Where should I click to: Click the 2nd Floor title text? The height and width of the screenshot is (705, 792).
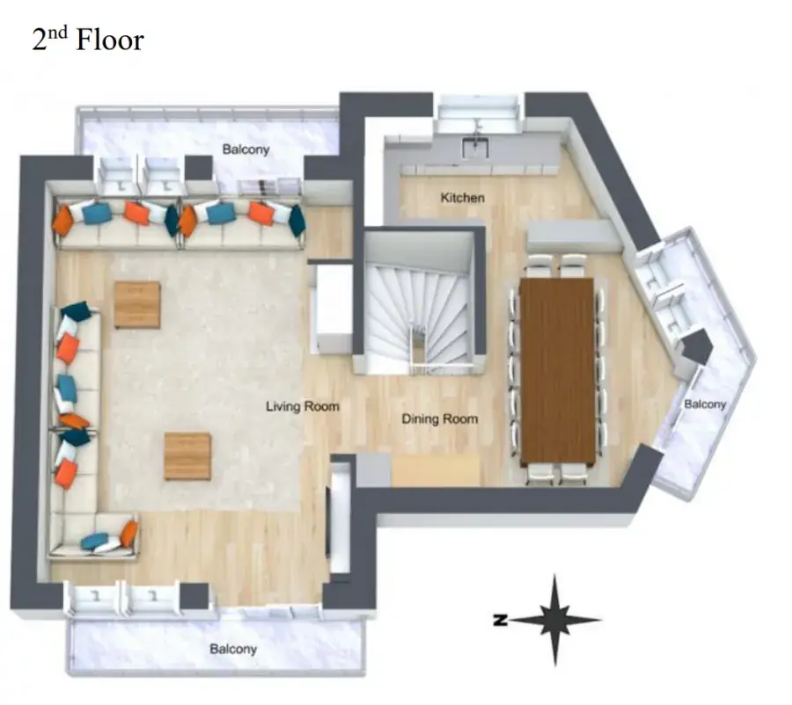point(88,40)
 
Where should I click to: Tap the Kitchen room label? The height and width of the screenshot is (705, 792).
point(462,197)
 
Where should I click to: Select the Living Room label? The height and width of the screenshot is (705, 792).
point(303,406)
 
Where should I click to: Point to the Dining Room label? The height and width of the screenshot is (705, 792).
point(439,418)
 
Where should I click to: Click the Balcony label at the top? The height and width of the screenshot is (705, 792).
point(246,149)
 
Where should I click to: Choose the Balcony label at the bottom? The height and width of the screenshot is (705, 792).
point(233,649)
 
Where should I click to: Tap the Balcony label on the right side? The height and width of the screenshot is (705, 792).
point(705,403)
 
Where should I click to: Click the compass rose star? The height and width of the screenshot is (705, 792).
point(555,620)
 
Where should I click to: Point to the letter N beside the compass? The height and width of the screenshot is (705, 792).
point(500,620)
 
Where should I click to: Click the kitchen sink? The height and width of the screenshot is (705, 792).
point(475,148)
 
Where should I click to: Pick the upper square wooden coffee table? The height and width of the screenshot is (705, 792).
point(137,305)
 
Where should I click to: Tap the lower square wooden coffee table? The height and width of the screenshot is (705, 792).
point(187,456)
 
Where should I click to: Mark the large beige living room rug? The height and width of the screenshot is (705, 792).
point(204,381)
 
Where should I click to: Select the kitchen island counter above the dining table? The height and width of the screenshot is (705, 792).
point(575,236)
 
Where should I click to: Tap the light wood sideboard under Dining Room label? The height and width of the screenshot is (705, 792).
point(436,471)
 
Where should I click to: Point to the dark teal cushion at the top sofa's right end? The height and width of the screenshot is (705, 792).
point(297,220)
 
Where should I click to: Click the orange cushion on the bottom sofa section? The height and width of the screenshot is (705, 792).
point(129,534)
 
